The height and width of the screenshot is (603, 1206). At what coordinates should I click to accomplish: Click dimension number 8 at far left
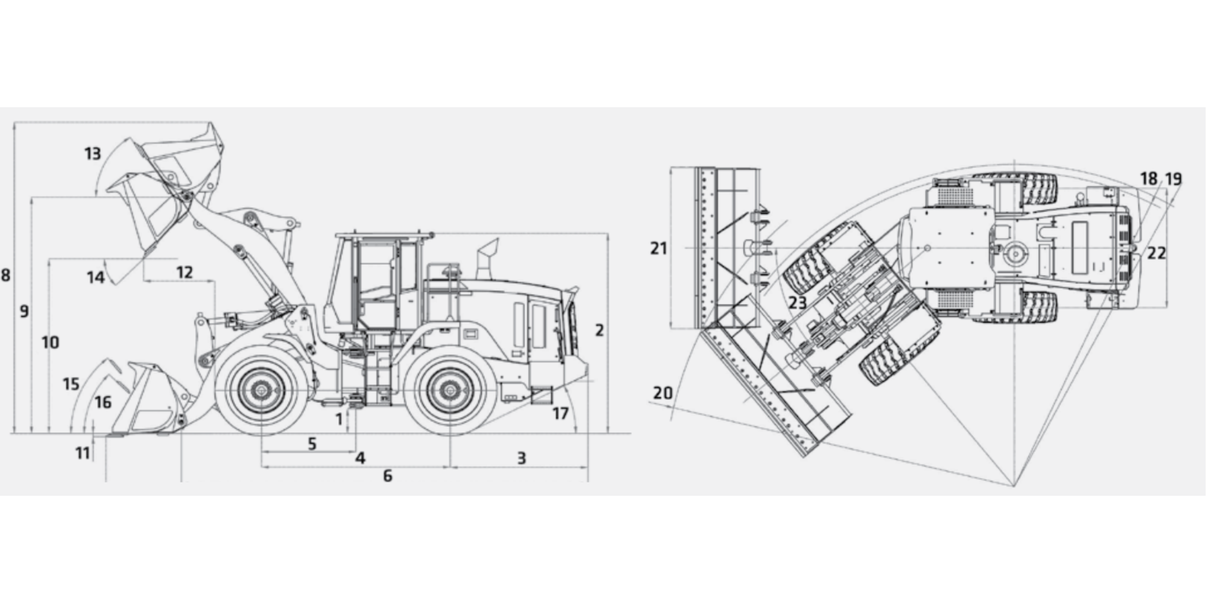5,276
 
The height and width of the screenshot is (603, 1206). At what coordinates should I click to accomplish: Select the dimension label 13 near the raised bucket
92,154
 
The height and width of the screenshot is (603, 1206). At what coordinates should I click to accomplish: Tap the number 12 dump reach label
185,273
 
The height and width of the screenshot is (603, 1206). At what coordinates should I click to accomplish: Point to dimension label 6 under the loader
388,476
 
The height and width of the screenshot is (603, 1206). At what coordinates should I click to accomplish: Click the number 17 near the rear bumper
561,413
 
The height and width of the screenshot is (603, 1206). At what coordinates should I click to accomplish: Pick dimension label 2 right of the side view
599,330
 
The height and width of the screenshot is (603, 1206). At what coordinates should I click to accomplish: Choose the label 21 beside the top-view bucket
659,248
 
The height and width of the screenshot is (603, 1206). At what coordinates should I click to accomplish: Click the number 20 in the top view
663,393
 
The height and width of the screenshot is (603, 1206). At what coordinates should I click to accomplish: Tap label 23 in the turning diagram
798,302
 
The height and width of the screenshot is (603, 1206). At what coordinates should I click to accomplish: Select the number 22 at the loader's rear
1156,253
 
